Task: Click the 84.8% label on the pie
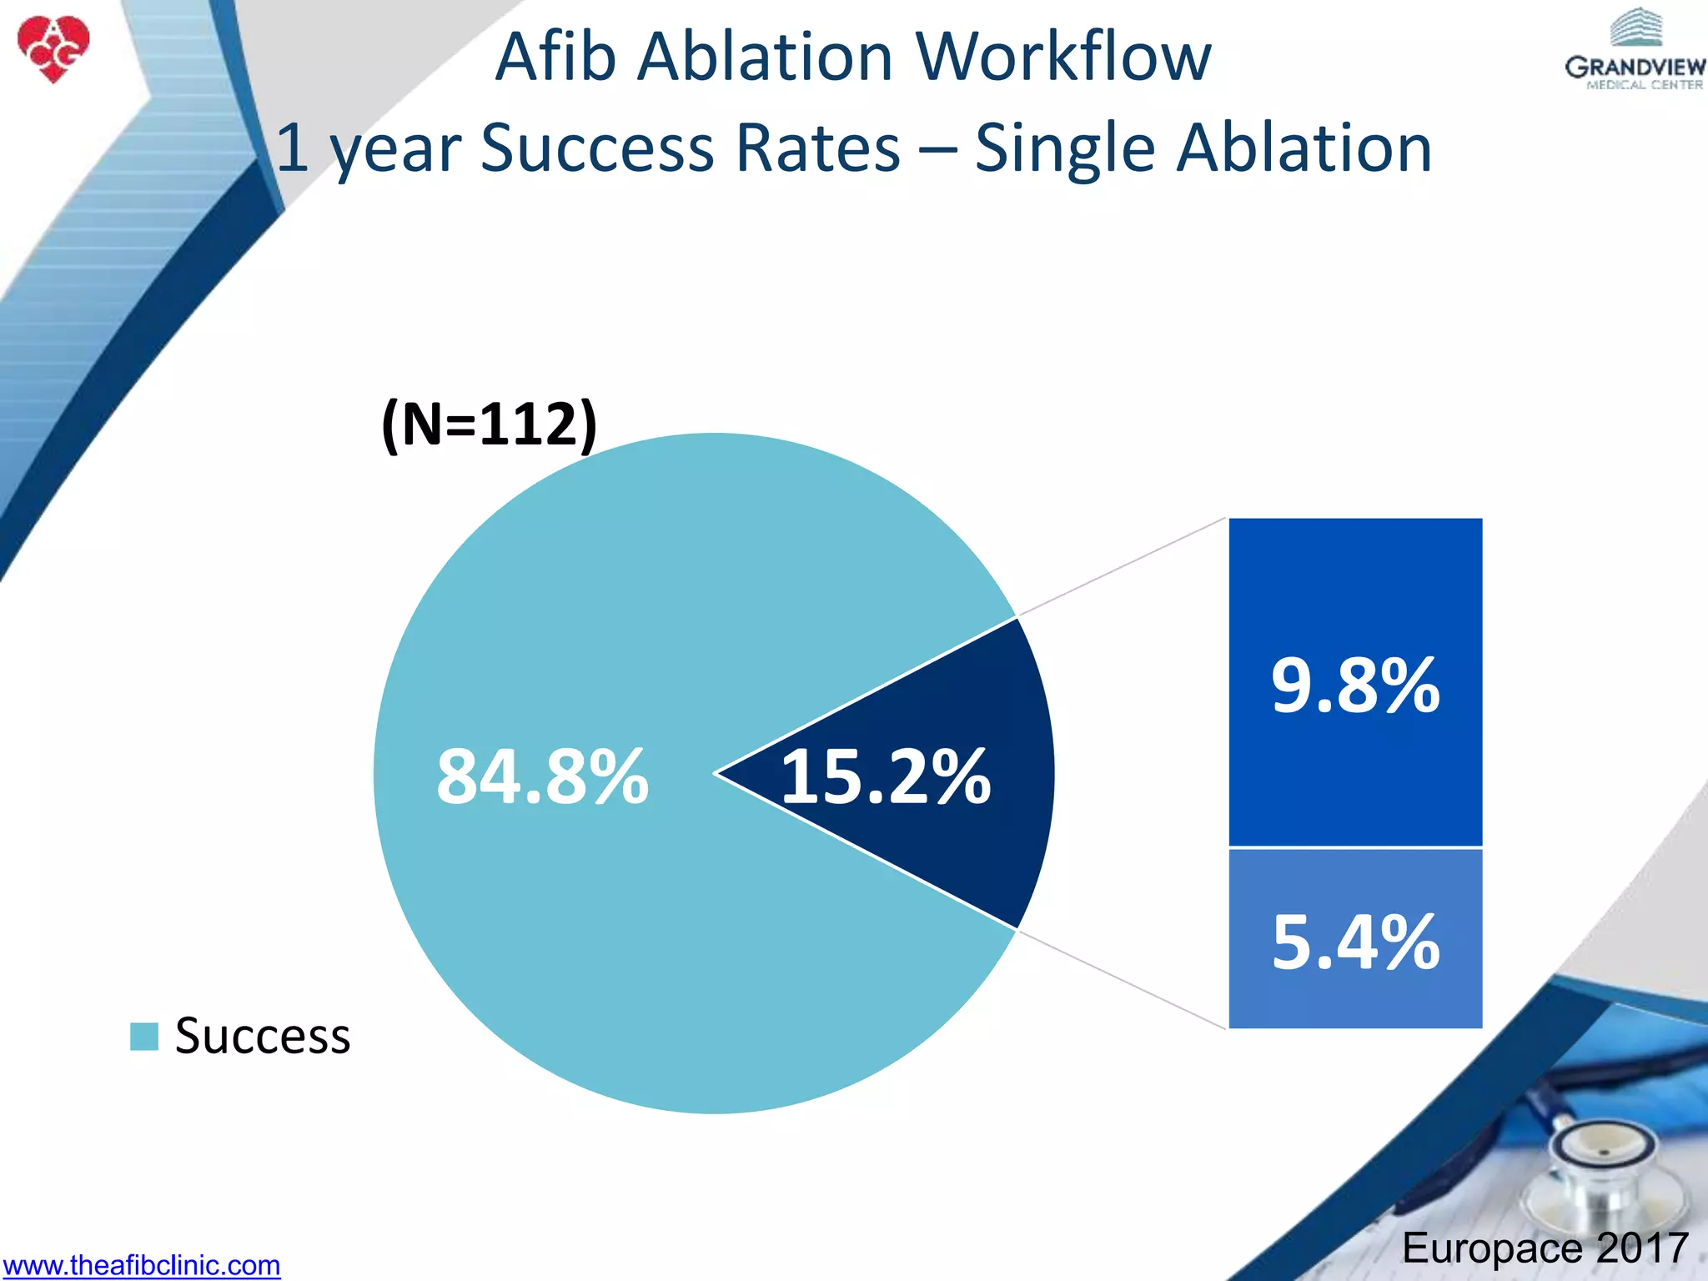[x=542, y=777]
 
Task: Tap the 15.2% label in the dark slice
[x=886, y=777]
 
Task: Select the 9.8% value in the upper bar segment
[x=1355, y=686]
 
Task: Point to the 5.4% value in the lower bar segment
[x=1355, y=942]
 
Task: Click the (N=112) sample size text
[x=489, y=424]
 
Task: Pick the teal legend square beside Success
[x=144, y=1037]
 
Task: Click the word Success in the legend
[x=263, y=1036]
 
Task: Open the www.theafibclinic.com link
[x=141, y=1265]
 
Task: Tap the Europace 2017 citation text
[x=1545, y=1248]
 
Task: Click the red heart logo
[x=53, y=48]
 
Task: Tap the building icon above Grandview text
[x=1635, y=27]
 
